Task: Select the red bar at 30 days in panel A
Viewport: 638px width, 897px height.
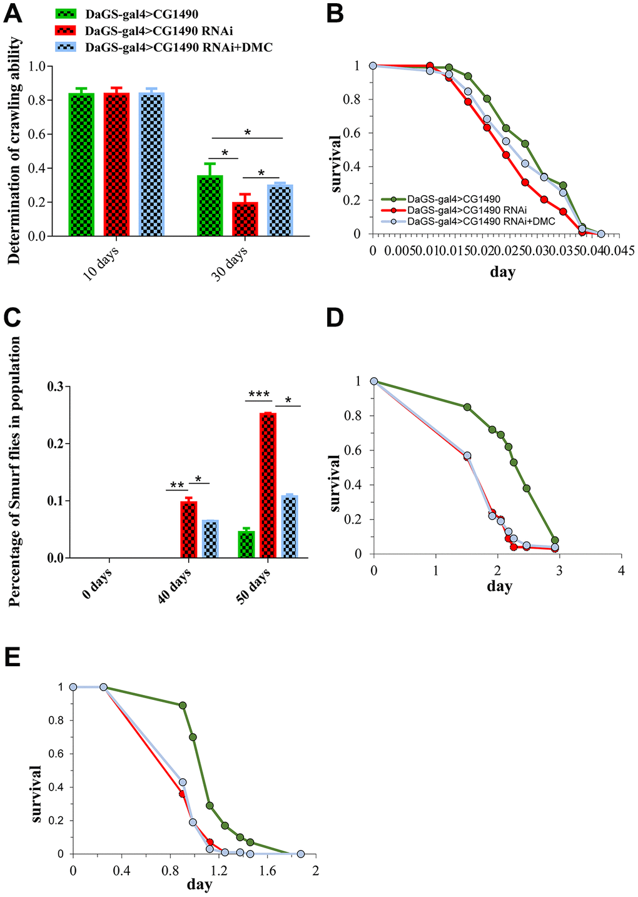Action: tap(244, 219)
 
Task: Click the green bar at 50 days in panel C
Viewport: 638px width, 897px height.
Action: tap(246, 544)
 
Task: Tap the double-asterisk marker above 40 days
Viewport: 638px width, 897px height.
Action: tap(176, 485)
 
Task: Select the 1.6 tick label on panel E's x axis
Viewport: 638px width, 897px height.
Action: tap(267, 871)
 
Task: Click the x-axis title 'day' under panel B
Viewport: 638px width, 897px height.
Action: tap(503, 272)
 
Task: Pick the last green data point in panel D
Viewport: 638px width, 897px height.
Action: tap(554, 540)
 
